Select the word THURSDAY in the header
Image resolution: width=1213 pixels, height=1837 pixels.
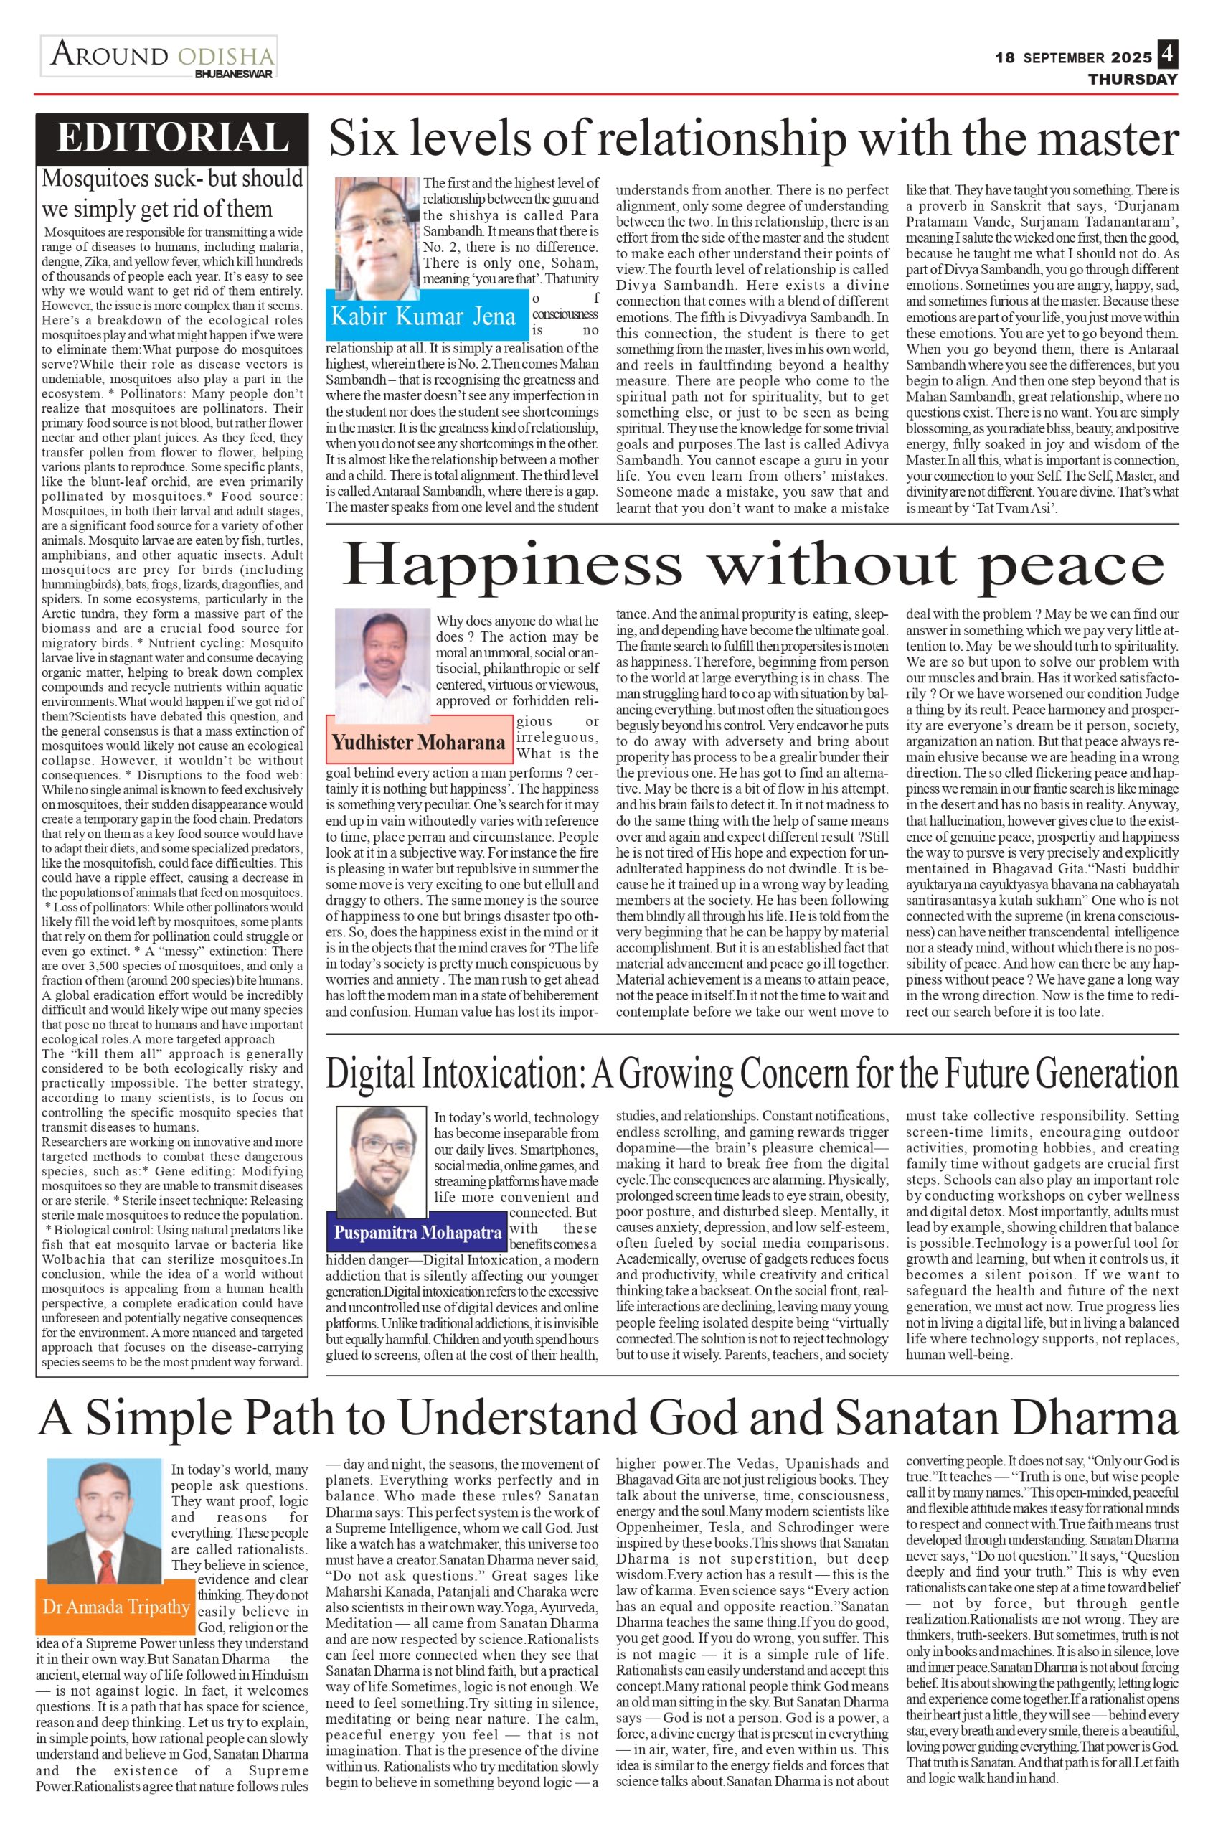pos(1133,79)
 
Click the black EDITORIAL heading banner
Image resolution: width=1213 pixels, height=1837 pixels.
pos(171,138)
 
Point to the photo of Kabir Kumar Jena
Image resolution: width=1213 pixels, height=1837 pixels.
pos(377,232)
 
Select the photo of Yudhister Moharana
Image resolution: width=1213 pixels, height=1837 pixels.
pos(382,665)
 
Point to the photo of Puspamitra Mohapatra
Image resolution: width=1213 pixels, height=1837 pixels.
pos(384,1161)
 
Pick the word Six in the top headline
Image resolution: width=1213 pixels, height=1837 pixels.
pos(364,141)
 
